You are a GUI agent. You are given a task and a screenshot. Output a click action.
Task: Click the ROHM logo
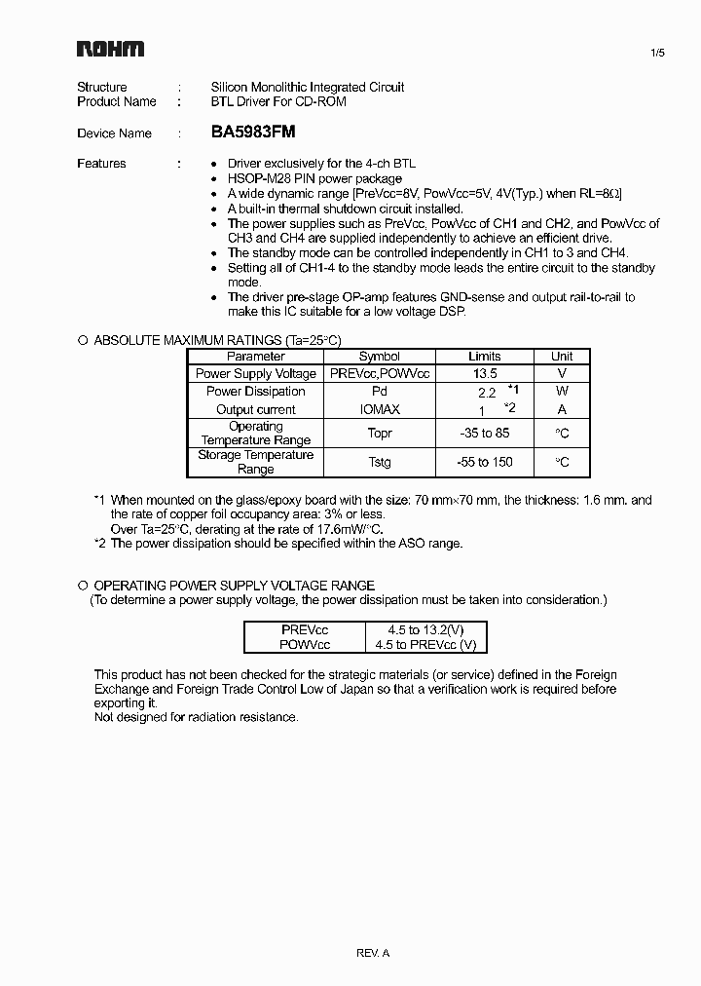111,50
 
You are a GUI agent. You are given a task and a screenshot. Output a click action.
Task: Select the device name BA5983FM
253,133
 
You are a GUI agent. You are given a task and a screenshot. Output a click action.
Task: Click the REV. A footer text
373,953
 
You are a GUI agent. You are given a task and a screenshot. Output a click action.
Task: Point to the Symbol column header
380,357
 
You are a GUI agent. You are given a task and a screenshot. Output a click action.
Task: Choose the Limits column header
484,357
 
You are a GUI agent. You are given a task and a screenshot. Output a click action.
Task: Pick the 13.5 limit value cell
484,373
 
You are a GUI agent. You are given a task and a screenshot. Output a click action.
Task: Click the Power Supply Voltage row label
256,373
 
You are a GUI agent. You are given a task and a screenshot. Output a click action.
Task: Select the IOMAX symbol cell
380,410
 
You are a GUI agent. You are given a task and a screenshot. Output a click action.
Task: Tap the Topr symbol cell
380,434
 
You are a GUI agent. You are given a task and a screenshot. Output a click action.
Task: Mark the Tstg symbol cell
380,462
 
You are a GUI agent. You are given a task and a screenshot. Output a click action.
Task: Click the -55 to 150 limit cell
484,462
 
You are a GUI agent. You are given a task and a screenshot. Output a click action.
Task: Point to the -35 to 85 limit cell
484,434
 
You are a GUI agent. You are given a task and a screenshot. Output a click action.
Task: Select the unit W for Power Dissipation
562,392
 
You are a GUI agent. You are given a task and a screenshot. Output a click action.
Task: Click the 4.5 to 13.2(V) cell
424,630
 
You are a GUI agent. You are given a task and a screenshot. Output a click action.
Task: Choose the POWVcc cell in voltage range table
305,645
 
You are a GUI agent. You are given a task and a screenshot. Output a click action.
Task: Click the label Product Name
117,101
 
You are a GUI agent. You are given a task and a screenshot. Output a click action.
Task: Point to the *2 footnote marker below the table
100,543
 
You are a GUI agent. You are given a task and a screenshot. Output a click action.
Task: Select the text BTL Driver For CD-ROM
278,101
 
